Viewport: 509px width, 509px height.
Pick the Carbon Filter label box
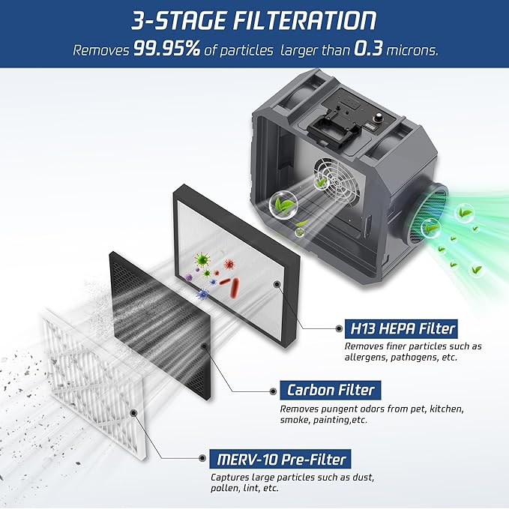coord(331,390)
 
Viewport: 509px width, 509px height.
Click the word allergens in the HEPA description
coord(370,358)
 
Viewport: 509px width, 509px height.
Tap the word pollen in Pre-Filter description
coord(226,488)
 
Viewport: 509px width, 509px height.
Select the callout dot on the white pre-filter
coord(133,412)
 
